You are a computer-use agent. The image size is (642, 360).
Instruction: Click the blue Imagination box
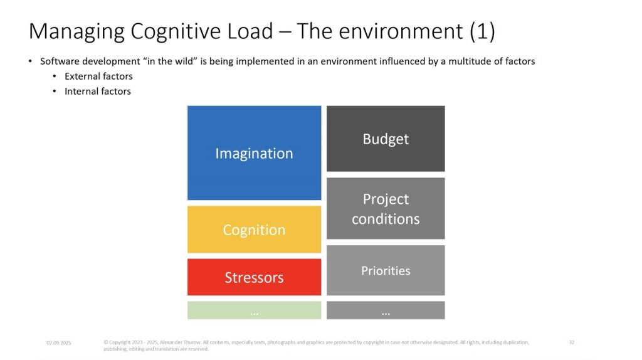pyautogui.click(x=254, y=153)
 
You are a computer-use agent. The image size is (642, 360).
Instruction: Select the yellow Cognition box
pyautogui.click(x=254, y=230)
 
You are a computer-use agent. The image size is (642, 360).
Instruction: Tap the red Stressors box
pyautogui.click(x=254, y=277)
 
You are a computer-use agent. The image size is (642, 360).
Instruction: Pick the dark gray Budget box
pyautogui.click(x=386, y=139)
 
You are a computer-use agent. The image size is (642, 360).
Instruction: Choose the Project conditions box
pyautogui.click(x=386, y=208)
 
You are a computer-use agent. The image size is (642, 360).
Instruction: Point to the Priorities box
pyautogui.click(x=386, y=270)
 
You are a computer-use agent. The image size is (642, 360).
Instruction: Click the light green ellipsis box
pyautogui.click(x=254, y=310)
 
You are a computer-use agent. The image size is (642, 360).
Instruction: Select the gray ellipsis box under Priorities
pyautogui.click(x=386, y=310)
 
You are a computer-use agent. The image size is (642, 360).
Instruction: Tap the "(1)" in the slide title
pyautogui.click(x=482, y=32)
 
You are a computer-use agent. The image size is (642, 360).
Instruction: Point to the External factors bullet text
pyautogui.click(x=98, y=77)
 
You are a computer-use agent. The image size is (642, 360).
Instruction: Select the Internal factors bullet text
pyautogui.click(x=98, y=92)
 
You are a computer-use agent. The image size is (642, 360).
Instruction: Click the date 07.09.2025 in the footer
pyautogui.click(x=59, y=343)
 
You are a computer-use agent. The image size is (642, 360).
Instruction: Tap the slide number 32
pyautogui.click(x=571, y=342)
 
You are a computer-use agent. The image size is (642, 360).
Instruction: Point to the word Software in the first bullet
pyautogui.click(x=58, y=61)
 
